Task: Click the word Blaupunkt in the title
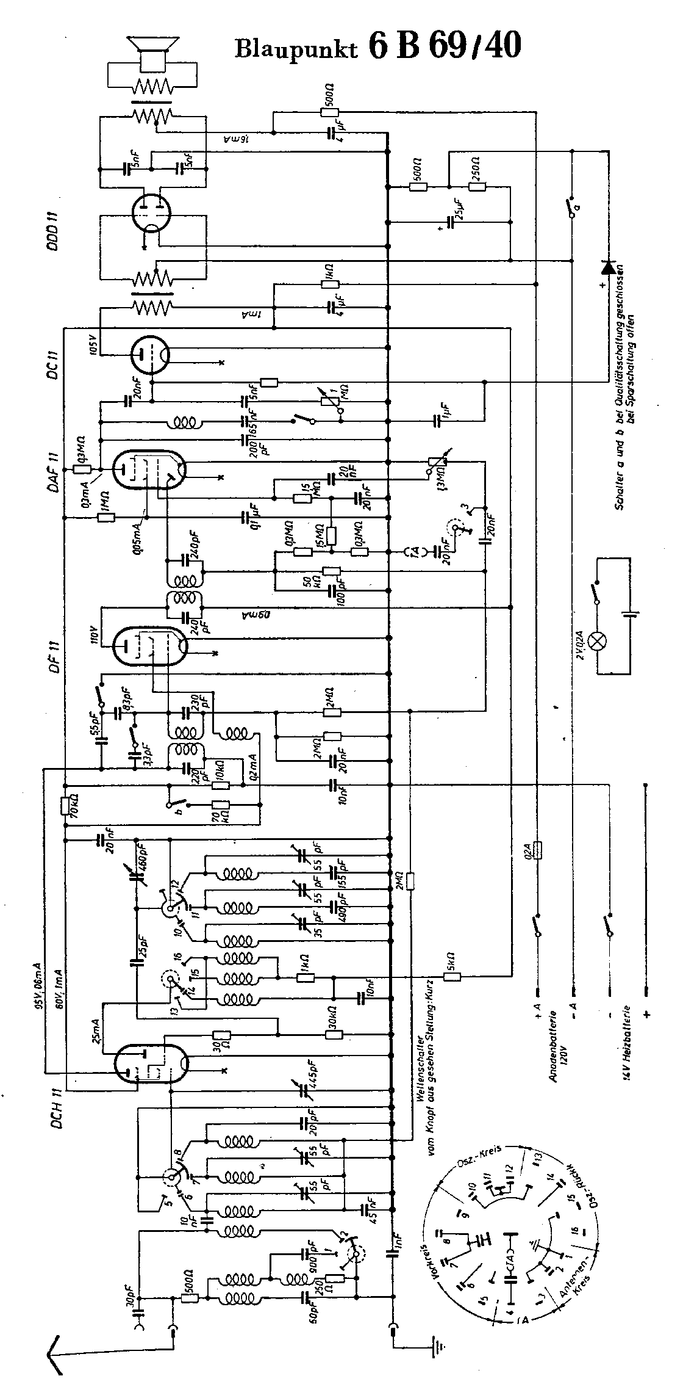tap(295, 47)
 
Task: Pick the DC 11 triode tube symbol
tap(150, 354)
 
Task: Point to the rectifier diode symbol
tap(608, 267)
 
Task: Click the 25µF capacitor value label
tap(461, 211)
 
